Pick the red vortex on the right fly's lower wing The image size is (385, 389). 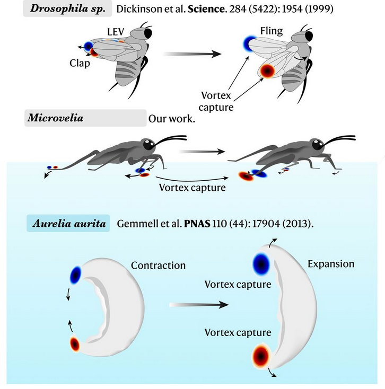268,70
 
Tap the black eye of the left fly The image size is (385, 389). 146,33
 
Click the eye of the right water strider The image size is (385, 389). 317,144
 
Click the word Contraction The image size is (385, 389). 158,265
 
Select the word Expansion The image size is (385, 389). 332,263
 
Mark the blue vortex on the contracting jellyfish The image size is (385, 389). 76,274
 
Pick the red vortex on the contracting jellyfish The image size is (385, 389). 75,344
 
